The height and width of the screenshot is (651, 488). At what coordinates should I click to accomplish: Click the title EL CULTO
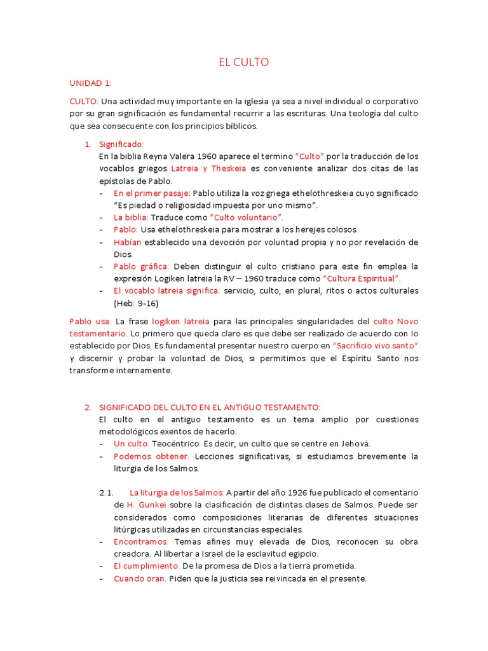pos(244,62)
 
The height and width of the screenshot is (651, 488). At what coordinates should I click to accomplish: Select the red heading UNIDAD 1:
pos(90,83)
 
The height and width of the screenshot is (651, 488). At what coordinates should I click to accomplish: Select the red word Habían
pos(128,242)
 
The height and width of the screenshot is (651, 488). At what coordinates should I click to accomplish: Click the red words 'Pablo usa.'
pos(90,321)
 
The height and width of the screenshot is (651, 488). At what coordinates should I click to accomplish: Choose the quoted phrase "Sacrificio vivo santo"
pos(376,345)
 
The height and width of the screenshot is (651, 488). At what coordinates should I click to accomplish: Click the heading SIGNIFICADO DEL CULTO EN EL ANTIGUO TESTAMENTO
pos(210,407)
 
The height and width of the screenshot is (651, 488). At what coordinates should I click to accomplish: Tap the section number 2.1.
pos(106,493)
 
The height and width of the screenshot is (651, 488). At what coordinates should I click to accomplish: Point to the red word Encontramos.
pos(141,542)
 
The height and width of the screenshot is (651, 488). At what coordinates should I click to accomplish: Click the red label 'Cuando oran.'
pos(140,579)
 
